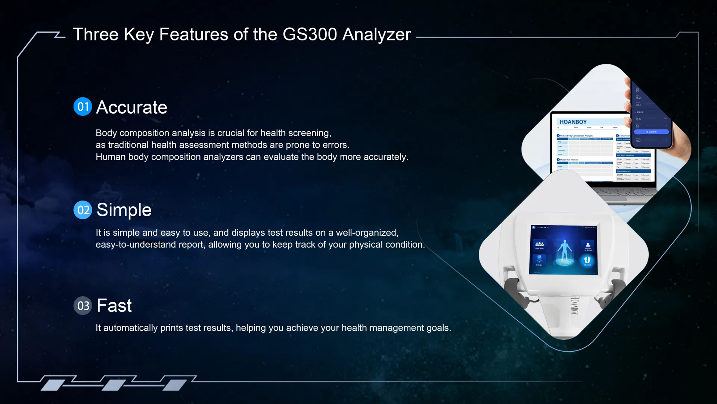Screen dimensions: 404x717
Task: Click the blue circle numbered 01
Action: [x=83, y=107]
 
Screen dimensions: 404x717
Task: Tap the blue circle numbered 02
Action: [x=83, y=210]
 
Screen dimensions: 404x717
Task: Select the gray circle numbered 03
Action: [x=83, y=306]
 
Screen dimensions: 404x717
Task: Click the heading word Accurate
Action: [x=131, y=107]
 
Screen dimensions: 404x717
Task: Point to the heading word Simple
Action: [x=124, y=210]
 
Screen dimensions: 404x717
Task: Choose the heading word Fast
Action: [x=114, y=306]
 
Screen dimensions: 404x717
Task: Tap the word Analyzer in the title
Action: [x=376, y=34]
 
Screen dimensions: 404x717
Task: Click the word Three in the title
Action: [x=96, y=34]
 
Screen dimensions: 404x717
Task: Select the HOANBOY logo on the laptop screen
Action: [x=573, y=122]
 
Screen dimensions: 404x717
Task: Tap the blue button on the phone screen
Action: [x=651, y=132]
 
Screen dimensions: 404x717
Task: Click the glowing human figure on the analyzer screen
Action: [x=564, y=251]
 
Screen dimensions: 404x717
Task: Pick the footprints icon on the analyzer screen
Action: [x=587, y=260]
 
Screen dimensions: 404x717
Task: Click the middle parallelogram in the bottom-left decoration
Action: [x=113, y=385]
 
